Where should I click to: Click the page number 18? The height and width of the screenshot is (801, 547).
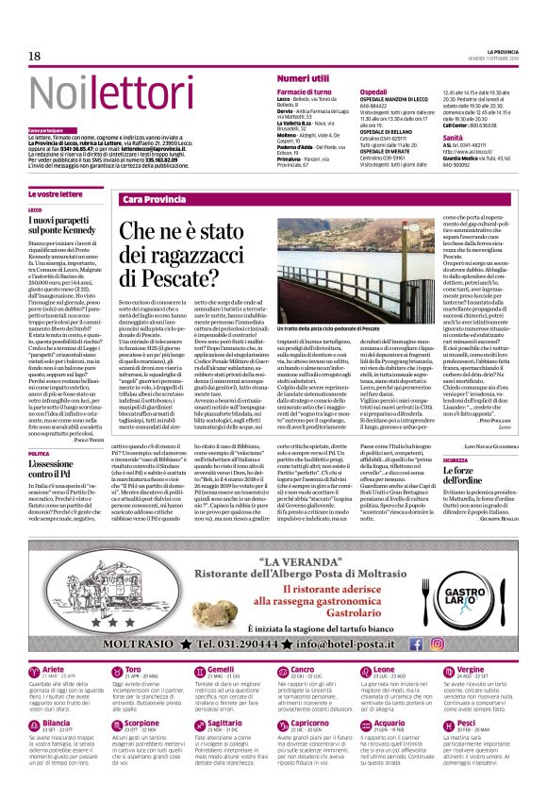tap(35, 57)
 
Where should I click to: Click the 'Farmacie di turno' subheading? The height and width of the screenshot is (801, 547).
tap(304, 91)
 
